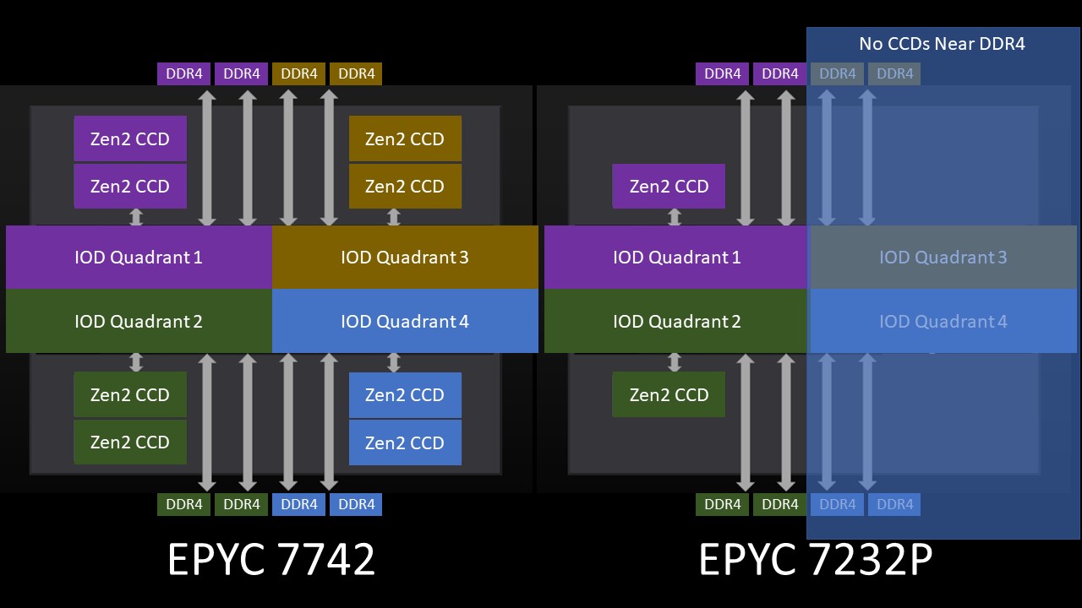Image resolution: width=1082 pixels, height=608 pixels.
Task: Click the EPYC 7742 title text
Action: [x=271, y=559]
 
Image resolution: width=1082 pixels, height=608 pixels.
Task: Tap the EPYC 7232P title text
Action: [x=816, y=559]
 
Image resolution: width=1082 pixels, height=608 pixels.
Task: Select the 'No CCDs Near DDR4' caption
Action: [x=942, y=44]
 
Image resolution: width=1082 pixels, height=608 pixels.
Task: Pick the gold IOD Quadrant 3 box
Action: [x=405, y=257]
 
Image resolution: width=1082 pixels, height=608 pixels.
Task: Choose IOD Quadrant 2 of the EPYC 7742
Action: [x=139, y=321]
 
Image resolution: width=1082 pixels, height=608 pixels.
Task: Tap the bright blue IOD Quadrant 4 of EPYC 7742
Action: [x=405, y=321]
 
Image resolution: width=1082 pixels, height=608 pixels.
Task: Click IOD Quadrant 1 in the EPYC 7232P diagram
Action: [x=676, y=257]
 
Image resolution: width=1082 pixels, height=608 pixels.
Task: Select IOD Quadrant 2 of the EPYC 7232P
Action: [x=676, y=321]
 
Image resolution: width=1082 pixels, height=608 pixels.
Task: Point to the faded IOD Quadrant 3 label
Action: [x=943, y=257]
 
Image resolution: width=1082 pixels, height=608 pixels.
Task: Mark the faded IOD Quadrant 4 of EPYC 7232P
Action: [x=943, y=321]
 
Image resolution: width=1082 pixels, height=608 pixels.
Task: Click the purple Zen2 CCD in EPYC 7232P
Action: [x=669, y=186]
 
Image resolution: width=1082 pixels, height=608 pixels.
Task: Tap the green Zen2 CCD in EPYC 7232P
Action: [x=669, y=394]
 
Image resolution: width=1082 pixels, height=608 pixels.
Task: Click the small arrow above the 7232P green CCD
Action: [x=675, y=362]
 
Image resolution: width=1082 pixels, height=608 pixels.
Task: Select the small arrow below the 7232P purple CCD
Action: [x=675, y=217]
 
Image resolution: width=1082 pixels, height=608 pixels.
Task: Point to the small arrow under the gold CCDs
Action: [x=393, y=217]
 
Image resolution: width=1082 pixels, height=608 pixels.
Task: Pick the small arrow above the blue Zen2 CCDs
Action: [x=393, y=362]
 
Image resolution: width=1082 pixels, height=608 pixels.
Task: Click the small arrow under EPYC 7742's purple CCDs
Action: [x=136, y=217]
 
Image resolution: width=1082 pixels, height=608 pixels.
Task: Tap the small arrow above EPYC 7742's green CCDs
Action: [x=136, y=362]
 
